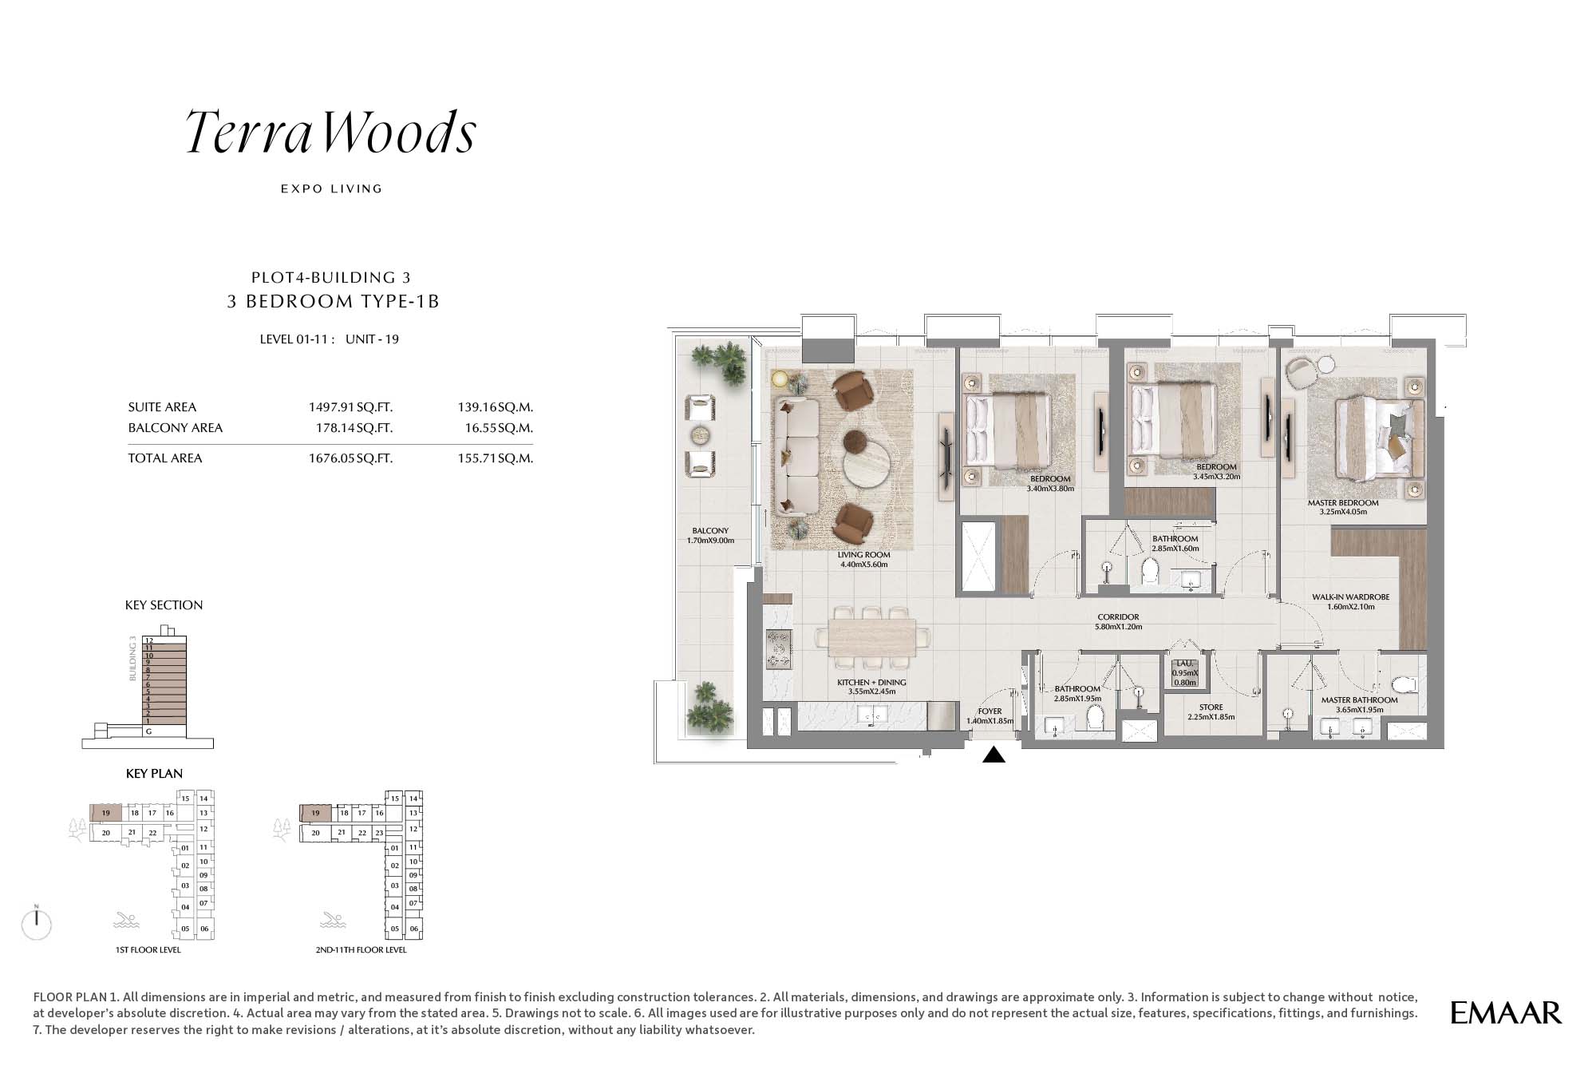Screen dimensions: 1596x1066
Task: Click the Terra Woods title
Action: click(x=331, y=132)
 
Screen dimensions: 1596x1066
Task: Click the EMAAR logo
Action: click(x=1506, y=1013)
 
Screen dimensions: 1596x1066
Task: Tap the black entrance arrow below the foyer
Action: click(x=994, y=754)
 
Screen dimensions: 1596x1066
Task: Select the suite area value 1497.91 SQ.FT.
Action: click(x=351, y=407)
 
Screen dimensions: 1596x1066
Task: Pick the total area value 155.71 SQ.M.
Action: click(x=496, y=458)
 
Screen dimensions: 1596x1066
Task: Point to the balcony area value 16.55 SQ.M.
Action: click(x=499, y=428)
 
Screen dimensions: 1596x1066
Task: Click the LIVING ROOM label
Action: click(x=863, y=555)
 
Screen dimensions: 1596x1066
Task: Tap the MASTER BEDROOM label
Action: click(x=1343, y=503)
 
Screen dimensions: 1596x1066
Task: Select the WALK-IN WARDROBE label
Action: click(x=1351, y=597)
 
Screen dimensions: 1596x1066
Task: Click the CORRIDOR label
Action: click(x=1118, y=617)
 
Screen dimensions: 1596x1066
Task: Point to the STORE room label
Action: click(x=1211, y=707)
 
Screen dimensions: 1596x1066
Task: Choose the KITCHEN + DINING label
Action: click(x=871, y=683)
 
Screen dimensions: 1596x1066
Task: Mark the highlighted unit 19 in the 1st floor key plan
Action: click(x=105, y=813)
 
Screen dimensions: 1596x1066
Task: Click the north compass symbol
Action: click(x=37, y=922)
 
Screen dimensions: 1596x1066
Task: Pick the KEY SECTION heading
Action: click(x=164, y=605)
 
